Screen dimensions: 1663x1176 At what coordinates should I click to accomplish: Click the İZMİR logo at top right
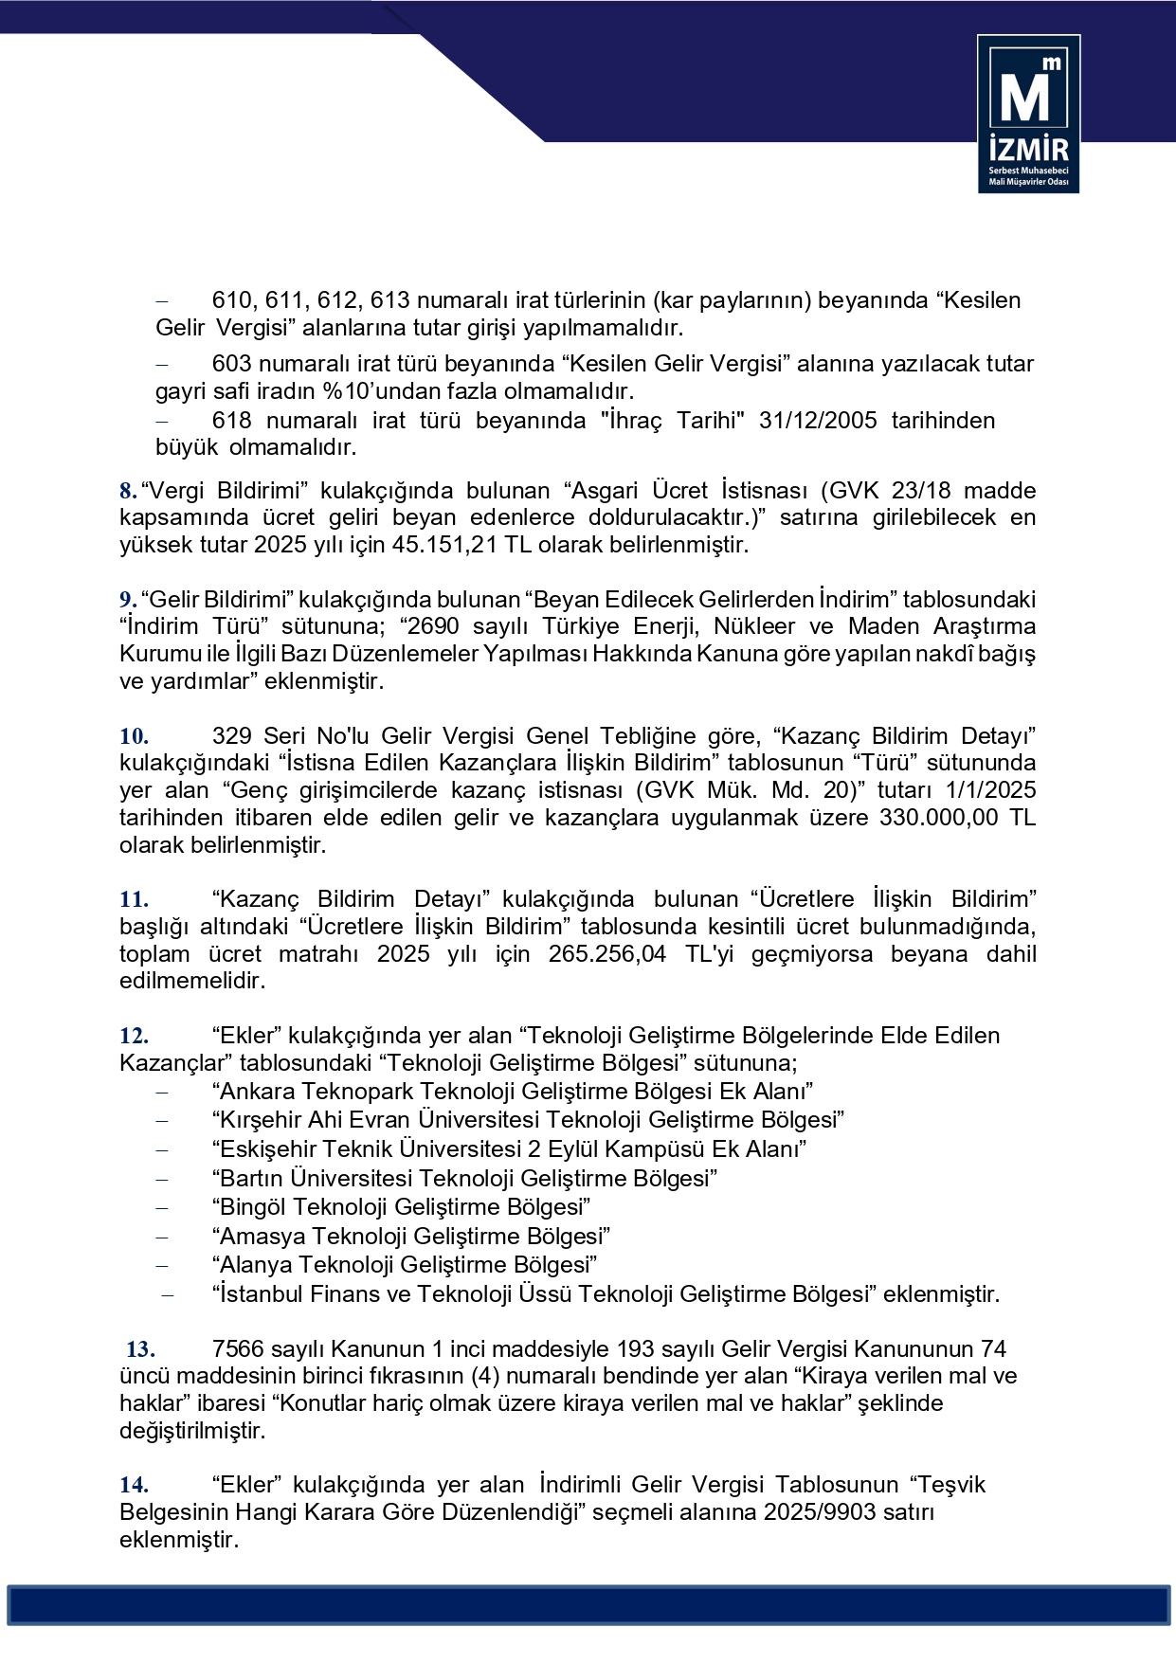[1028, 114]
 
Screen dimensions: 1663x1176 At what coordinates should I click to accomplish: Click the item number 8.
[128, 491]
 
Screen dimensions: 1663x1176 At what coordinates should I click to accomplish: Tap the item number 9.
[128, 600]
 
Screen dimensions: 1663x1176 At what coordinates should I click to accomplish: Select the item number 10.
[134, 736]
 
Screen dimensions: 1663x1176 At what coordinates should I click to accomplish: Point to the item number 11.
[134, 899]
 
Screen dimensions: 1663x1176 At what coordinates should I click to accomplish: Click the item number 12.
[134, 1036]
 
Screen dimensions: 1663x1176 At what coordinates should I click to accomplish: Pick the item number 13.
[140, 1349]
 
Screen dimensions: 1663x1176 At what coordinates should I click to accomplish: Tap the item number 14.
[134, 1485]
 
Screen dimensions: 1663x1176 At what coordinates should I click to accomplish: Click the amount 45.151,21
[445, 545]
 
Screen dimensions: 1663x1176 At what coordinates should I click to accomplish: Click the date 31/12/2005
[818, 421]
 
